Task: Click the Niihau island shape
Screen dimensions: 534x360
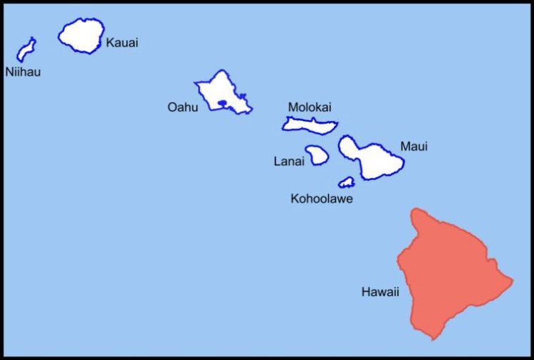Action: coord(26,50)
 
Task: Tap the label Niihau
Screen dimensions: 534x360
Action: coord(23,72)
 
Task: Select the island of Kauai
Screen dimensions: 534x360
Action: coord(81,36)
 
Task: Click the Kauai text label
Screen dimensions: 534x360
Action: coord(122,43)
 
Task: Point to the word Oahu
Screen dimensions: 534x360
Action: coord(183,107)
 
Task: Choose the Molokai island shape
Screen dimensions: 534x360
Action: coord(309,125)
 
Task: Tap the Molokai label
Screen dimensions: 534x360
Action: coord(310,107)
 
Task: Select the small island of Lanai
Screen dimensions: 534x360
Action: coord(317,154)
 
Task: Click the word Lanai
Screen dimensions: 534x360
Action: coord(289,162)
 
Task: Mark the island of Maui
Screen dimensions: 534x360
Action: coord(377,162)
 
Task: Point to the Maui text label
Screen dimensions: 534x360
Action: coord(414,147)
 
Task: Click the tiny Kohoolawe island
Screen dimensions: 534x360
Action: coord(347,182)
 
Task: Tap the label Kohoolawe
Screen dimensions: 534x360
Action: coord(322,198)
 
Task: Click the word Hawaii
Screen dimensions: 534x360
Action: coord(380,292)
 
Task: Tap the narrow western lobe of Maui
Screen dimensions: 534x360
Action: coord(349,147)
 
